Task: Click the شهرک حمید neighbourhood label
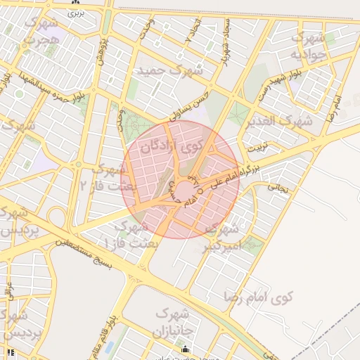[x=170, y=71]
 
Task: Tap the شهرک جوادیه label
[x=308, y=46]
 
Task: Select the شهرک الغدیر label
[x=279, y=121]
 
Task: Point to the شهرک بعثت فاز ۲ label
[x=103, y=177]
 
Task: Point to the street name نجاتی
[x=278, y=188]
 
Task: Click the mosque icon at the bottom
[x=185, y=349]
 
